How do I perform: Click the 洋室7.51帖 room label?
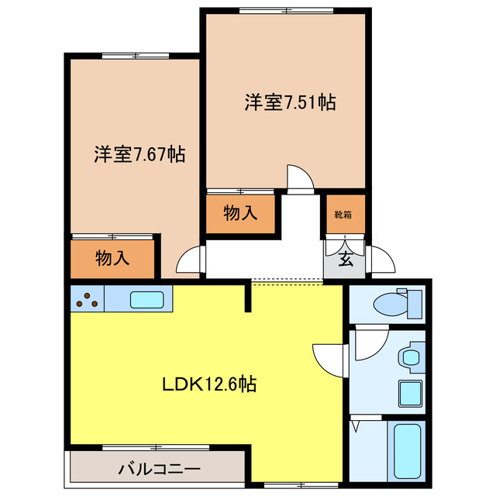[291, 102]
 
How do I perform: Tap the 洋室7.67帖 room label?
[139, 153]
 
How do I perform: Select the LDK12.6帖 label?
[209, 383]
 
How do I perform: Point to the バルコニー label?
[160, 469]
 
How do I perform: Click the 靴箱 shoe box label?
[343, 214]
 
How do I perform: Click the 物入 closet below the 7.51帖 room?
[240, 214]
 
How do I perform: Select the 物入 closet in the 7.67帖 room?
[113, 259]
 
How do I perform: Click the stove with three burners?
[88, 299]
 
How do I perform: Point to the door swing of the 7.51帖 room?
[300, 177]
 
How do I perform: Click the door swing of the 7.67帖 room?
[189, 260]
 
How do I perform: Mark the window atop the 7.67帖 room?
[132, 55]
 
